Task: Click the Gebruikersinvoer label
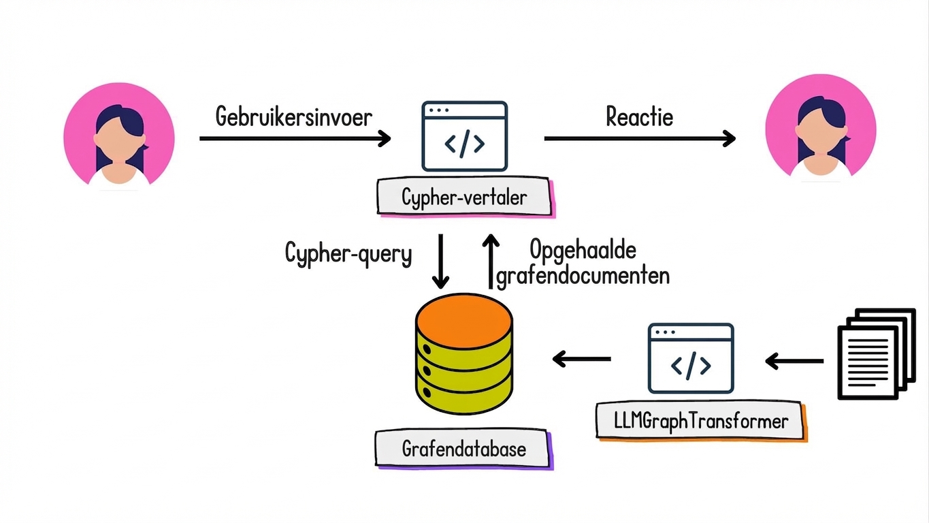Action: point(294,116)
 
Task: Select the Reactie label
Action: point(639,116)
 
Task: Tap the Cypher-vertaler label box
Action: point(464,198)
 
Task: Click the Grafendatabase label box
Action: point(463,449)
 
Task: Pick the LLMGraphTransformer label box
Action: point(700,421)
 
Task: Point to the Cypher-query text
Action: point(348,254)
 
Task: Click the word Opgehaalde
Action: point(583,250)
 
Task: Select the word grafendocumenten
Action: point(583,276)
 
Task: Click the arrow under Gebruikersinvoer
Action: point(295,138)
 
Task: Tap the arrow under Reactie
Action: point(640,138)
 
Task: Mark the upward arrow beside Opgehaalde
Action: point(491,261)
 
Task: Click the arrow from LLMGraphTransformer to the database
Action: point(581,359)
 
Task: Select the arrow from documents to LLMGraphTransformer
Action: point(794,361)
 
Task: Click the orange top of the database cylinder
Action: point(463,320)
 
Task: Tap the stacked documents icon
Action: point(875,354)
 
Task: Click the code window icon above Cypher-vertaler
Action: point(464,136)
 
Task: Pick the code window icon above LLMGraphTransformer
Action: point(691,358)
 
